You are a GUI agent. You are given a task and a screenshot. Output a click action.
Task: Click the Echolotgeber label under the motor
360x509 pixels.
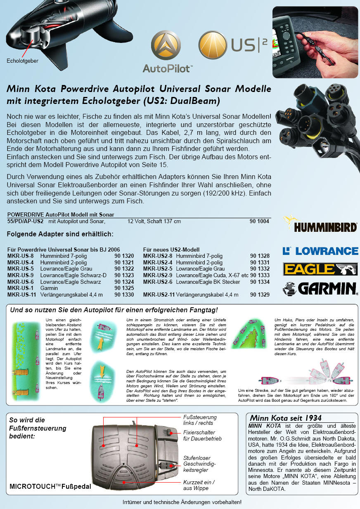point(23,61)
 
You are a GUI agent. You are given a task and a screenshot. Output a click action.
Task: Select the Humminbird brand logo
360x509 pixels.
point(320,224)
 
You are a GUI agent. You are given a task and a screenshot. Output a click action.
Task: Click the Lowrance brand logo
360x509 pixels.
point(320,251)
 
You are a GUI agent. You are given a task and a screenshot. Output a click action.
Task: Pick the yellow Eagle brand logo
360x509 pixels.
point(320,269)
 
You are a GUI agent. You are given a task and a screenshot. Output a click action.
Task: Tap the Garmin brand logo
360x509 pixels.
point(320,288)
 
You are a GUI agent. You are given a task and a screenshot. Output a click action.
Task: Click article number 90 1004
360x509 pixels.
point(259,222)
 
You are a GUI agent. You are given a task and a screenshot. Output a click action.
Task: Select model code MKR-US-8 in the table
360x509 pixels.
point(21,256)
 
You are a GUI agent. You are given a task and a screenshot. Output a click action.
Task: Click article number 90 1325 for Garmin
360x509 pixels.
point(124,288)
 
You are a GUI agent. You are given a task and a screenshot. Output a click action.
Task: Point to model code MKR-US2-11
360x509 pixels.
point(159,295)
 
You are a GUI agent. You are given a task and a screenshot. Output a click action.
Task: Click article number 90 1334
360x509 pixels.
point(260,282)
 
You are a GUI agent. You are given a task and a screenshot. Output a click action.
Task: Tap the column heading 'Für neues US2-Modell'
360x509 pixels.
point(171,250)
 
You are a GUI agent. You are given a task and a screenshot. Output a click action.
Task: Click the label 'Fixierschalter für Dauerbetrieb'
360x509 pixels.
point(202,436)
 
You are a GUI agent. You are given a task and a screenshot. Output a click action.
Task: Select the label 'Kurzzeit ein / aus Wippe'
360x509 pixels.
point(199,485)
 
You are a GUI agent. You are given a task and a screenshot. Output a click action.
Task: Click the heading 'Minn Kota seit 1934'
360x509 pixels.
point(286,418)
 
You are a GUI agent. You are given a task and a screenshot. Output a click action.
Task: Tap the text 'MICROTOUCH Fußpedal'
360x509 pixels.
point(50,487)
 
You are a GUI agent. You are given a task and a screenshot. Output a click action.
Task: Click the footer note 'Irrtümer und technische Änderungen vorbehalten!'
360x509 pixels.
point(182,502)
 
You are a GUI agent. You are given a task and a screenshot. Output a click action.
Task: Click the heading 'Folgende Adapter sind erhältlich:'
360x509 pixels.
point(60,235)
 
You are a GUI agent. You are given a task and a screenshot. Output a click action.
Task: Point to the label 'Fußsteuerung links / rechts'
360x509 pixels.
point(200,420)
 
